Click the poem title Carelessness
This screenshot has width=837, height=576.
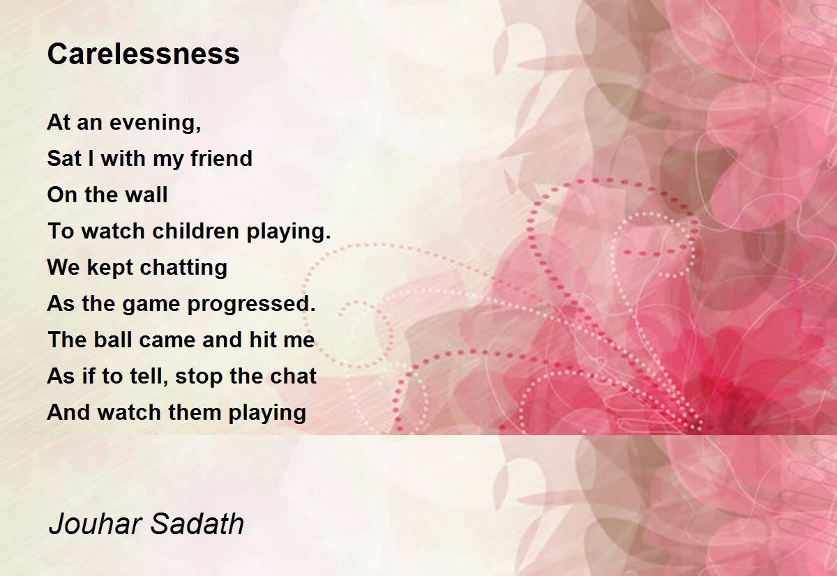(144, 54)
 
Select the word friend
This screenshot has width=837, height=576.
(222, 158)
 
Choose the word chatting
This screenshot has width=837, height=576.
(183, 268)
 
